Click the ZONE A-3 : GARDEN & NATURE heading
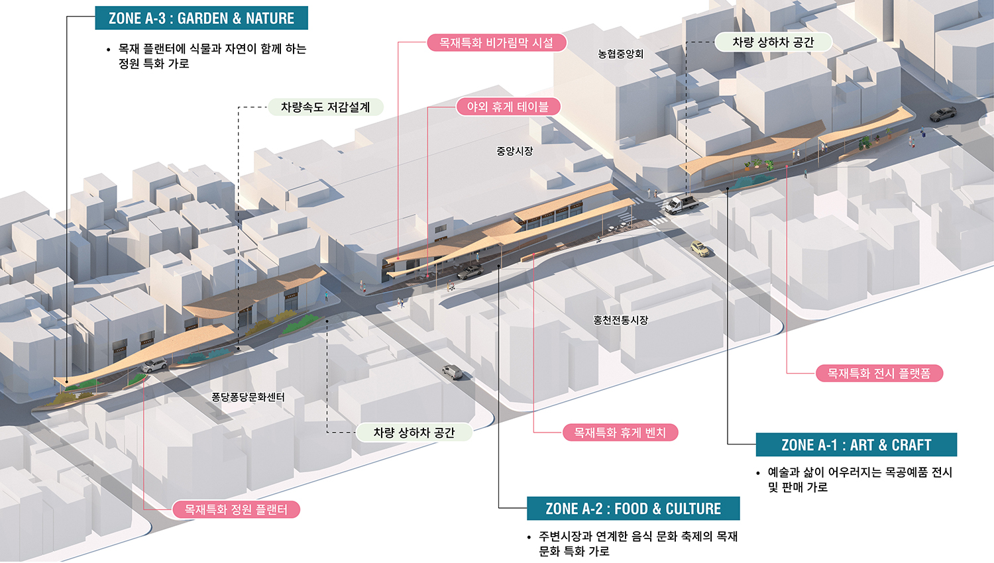pyautogui.click(x=201, y=19)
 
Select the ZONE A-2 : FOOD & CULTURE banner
pyautogui.click(x=633, y=509)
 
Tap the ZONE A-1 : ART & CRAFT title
pyautogui.click(x=856, y=445)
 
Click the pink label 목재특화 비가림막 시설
pyautogui.click(x=496, y=43)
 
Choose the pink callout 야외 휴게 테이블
pyautogui.click(x=508, y=107)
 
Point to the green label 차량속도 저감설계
pyautogui.click(x=325, y=107)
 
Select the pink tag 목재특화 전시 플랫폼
pyautogui.click(x=879, y=374)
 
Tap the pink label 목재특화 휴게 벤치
pyautogui.click(x=620, y=433)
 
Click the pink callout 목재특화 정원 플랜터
pyautogui.click(x=236, y=509)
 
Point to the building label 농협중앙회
pyautogui.click(x=620, y=54)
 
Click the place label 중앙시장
pyautogui.click(x=514, y=151)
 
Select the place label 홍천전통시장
pyautogui.click(x=620, y=320)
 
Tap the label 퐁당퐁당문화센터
pyautogui.click(x=248, y=397)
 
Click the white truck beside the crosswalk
pyautogui.click(x=681, y=204)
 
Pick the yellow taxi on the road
pyautogui.click(x=700, y=249)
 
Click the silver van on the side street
pyautogui.click(x=453, y=372)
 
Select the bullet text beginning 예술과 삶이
pyautogui.click(x=859, y=480)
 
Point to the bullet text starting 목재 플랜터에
pyautogui.click(x=212, y=56)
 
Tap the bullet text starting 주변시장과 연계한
pyautogui.click(x=637, y=543)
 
